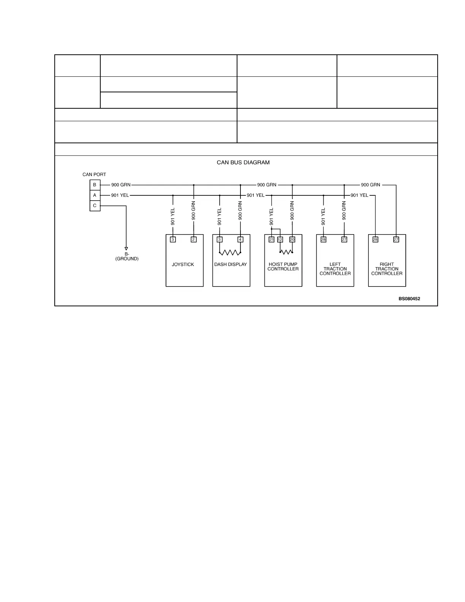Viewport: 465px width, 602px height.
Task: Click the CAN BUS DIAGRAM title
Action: (243, 163)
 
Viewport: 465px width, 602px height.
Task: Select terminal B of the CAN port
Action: (95, 185)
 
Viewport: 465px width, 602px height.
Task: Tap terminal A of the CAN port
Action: (95, 195)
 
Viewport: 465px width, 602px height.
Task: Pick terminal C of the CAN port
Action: (95, 206)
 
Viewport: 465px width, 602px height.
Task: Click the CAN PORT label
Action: (94, 175)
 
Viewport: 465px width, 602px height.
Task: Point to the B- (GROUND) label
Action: (127, 257)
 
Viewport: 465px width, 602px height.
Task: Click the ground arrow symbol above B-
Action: (126, 249)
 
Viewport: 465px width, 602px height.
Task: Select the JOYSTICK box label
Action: (183, 265)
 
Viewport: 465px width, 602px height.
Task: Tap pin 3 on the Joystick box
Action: (173, 239)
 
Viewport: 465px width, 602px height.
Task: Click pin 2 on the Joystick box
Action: (194, 239)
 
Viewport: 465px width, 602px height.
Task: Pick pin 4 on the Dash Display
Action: (240, 239)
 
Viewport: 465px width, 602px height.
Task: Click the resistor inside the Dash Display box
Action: (230, 253)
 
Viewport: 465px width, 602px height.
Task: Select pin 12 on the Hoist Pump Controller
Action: (280, 239)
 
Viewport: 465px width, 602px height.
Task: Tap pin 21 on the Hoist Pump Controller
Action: (272, 239)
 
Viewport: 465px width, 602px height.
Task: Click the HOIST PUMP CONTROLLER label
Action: (283, 267)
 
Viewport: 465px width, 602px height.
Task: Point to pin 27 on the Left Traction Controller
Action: (344, 239)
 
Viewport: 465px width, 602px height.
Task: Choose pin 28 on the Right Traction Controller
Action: (375, 239)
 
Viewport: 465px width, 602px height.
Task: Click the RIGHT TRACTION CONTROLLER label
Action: (387, 269)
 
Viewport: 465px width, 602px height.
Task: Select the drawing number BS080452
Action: (409, 299)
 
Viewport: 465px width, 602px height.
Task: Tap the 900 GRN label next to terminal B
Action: (121, 185)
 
